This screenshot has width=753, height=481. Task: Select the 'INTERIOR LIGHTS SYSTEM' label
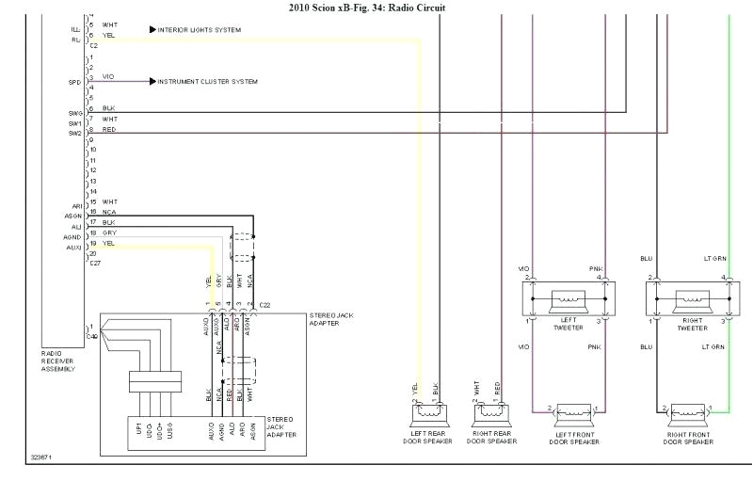point(200,30)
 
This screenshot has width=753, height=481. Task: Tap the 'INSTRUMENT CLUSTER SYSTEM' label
point(207,82)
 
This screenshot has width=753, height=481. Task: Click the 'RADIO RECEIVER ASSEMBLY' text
point(58,361)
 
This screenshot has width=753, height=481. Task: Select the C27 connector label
point(94,264)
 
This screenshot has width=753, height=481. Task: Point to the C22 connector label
point(264,306)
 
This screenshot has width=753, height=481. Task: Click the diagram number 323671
point(41,457)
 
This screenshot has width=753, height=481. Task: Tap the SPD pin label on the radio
point(75,82)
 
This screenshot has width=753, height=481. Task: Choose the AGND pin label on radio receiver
point(73,237)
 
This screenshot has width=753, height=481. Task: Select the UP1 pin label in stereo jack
point(138,429)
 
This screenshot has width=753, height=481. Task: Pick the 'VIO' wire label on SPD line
point(109,76)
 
